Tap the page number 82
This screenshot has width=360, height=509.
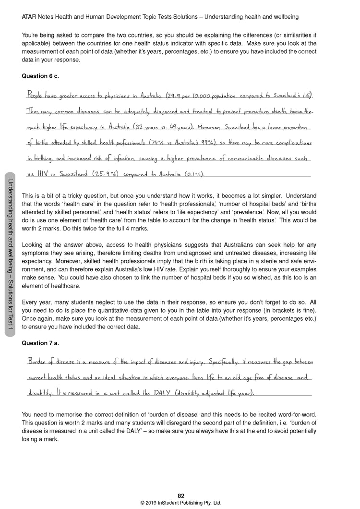(x=180, y=496)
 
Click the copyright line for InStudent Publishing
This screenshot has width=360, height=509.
(x=180, y=502)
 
